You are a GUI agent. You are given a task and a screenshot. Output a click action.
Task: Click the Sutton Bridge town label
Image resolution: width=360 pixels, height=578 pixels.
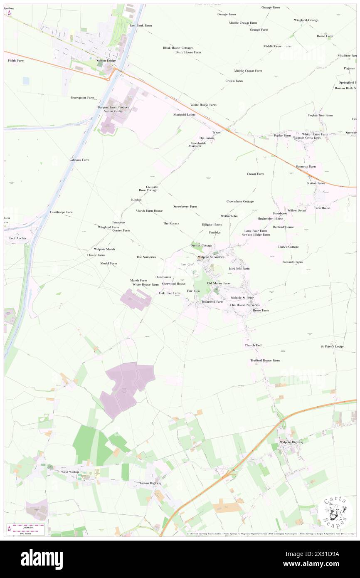(106, 61)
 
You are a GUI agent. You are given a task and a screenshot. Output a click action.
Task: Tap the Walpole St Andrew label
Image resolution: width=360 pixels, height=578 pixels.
(211, 257)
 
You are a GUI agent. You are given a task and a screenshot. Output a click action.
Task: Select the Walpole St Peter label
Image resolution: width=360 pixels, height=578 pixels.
(242, 298)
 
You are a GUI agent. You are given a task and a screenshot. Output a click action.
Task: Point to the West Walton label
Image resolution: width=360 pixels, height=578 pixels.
(70, 472)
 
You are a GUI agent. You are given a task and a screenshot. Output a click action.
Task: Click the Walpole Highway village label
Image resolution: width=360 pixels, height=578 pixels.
(291, 442)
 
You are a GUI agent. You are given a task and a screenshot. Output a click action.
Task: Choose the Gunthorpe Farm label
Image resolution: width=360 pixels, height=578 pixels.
(62, 212)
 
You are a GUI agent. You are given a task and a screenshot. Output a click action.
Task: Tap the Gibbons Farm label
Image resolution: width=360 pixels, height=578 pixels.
(79, 160)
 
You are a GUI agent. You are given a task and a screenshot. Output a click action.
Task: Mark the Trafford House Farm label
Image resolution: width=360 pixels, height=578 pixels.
(265, 361)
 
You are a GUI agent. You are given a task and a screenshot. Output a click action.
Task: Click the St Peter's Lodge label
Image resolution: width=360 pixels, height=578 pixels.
(332, 346)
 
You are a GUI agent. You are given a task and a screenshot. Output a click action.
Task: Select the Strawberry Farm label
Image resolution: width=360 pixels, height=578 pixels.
(185, 206)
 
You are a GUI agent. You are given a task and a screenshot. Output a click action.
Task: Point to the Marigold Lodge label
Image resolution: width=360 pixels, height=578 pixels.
(184, 114)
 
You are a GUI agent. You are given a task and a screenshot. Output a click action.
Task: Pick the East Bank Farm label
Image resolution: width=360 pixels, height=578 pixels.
(141, 25)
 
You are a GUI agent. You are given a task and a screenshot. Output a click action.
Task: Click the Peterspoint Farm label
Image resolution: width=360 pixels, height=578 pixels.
(82, 98)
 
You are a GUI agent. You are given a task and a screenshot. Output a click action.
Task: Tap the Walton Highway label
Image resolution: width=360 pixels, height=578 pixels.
(150, 483)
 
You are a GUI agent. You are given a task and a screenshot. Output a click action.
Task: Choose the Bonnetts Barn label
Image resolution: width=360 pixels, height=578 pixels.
(306, 166)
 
